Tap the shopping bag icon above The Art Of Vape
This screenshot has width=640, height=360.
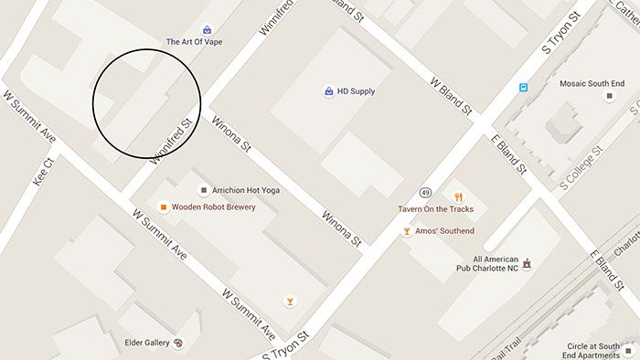coord(208,29)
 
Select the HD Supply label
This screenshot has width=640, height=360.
coord(356,91)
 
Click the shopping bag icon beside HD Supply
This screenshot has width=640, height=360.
coord(328,91)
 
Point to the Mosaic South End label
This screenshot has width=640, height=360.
coord(592,83)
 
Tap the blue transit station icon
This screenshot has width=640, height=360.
coord(523,88)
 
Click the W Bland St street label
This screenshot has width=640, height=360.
coord(451,94)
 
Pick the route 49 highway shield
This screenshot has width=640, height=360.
coord(425,193)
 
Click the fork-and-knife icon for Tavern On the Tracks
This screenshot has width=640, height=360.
coord(458,196)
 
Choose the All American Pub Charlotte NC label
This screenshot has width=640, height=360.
coord(486,262)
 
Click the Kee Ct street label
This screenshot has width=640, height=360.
coord(44,171)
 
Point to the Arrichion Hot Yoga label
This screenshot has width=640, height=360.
coord(246,190)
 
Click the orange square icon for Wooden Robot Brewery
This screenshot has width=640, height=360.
coord(163,207)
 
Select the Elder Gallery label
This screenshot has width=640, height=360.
coord(147,343)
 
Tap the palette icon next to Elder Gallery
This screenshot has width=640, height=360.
coord(178,344)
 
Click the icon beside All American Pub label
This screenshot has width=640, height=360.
coord(527,263)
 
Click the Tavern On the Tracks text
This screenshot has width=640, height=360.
coord(436,209)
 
